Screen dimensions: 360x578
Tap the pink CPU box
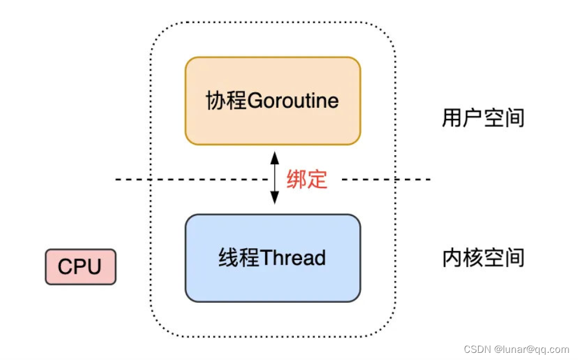tap(80, 267)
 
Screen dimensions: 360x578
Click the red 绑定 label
tap(307, 179)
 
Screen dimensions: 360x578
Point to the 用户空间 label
tap(483, 118)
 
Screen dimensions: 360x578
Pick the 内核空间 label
tap(483, 258)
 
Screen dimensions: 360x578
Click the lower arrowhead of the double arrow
tap(274, 199)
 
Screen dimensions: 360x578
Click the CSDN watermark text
tap(476, 349)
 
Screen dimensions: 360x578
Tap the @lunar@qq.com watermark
tap(532, 349)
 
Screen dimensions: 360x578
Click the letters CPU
tap(80, 267)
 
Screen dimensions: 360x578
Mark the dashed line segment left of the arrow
tap(190, 179)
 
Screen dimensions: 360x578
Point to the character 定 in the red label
tap(318, 179)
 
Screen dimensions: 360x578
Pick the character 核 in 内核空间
tap(472, 258)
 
